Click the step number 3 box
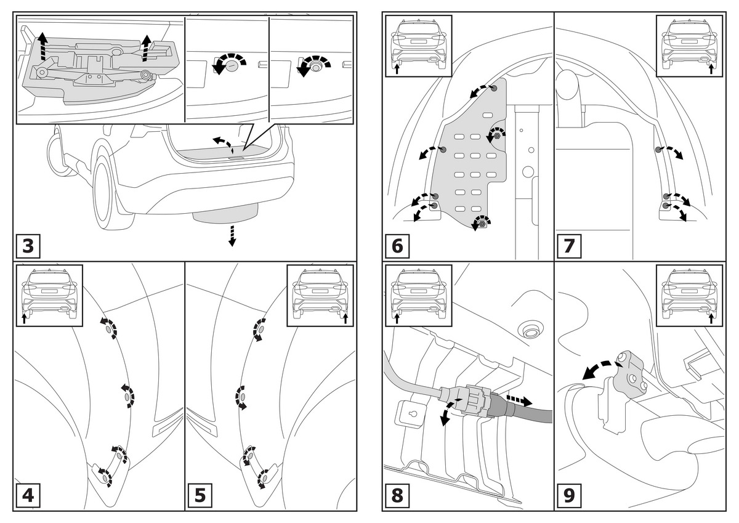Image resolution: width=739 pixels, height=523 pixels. point(28,246)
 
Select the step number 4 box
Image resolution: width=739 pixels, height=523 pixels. point(28,497)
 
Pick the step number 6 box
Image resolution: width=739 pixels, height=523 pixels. point(397,246)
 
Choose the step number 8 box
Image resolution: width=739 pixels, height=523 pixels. point(397,497)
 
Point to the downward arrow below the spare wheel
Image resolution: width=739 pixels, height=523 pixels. point(232,236)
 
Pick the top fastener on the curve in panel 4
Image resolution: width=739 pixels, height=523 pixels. point(110,330)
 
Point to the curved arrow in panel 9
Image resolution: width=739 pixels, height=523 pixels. point(598,368)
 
